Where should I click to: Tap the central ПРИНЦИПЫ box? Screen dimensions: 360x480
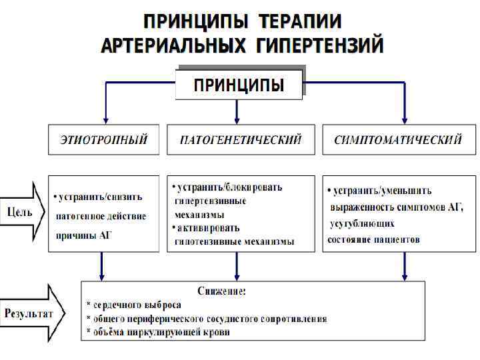click(x=239, y=85)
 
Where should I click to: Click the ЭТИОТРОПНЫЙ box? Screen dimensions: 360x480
click(x=103, y=140)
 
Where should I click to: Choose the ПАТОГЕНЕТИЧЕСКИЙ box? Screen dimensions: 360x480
click(x=241, y=140)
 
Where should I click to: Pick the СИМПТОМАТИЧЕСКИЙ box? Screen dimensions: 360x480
click(x=397, y=140)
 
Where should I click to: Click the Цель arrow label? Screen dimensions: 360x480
click(x=20, y=211)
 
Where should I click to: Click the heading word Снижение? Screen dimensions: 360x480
click(x=222, y=291)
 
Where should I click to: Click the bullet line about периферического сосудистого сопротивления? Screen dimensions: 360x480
click(x=207, y=318)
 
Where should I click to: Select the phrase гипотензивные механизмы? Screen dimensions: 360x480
click(x=234, y=241)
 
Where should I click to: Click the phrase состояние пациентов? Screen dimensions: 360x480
click(x=374, y=239)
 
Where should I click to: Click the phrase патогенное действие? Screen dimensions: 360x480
click(x=101, y=216)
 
